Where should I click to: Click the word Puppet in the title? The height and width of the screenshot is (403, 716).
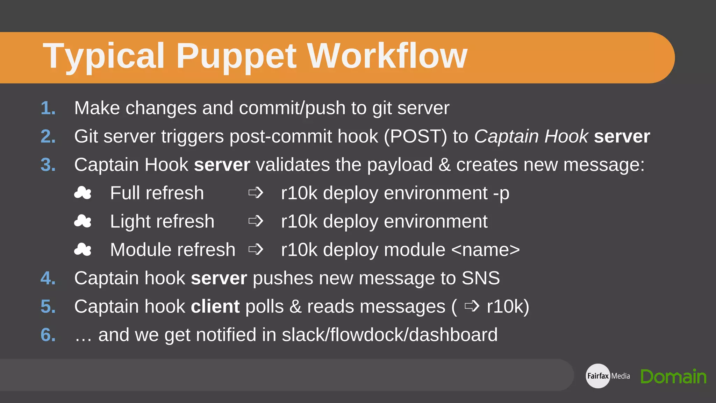point(236,56)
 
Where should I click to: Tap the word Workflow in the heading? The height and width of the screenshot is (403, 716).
point(387,56)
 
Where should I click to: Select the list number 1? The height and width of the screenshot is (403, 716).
point(48,108)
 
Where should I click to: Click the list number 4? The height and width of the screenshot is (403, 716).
point(48,278)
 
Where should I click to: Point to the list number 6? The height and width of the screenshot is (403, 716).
point(48,335)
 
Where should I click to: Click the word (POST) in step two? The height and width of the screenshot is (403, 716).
point(415,136)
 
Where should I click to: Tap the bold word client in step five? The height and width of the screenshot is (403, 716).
point(215,307)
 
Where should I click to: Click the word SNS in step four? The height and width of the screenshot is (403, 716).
point(481,278)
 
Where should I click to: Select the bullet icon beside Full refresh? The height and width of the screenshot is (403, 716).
point(83,193)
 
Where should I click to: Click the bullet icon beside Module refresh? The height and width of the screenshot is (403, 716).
point(83,249)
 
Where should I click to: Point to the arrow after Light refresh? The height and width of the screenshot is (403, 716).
point(256,221)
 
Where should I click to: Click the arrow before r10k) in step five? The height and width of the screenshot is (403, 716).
point(472,306)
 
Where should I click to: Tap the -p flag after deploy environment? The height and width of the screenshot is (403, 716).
point(501,193)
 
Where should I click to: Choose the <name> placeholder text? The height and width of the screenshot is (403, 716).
point(486,250)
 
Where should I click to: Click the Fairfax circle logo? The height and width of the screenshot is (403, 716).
point(598,376)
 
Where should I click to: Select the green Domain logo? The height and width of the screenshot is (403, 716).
point(673,376)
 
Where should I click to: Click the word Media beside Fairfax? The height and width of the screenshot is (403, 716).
point(621,376)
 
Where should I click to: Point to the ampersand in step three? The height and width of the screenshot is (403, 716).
point(444,165)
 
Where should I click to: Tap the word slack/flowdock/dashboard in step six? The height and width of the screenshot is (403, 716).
point(389,335)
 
